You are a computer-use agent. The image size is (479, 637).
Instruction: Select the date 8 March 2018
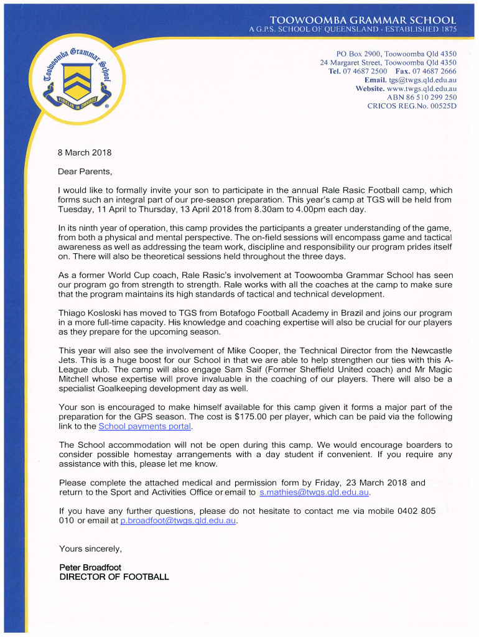click(85, 152)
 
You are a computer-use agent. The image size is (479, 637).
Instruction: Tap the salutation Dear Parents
click(85, 171)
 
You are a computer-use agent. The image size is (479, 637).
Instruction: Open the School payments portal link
click(145, 426)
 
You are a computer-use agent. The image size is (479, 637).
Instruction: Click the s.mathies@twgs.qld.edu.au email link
click(314, 492)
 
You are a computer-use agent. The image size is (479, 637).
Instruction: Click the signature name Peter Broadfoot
click(90, 567)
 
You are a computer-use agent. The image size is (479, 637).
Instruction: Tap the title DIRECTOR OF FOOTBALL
click(114, 577)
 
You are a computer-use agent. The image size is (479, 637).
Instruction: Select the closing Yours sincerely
click(90, 549)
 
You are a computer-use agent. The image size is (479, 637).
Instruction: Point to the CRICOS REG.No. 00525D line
click(412, 106)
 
